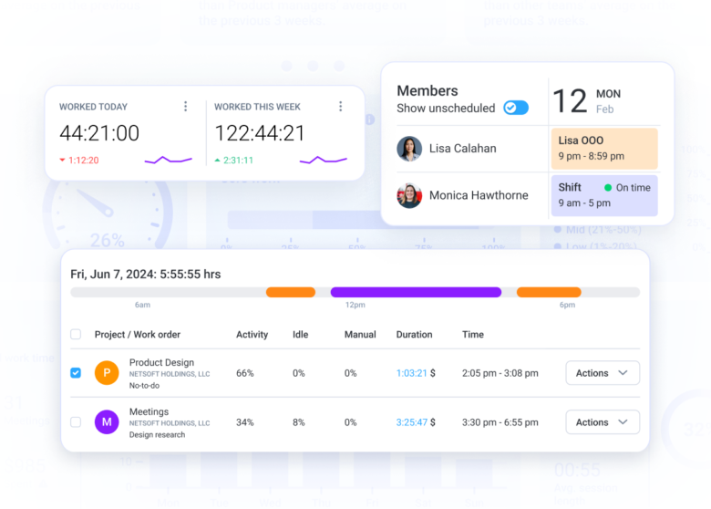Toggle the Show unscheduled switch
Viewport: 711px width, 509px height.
pyautogui.click(x=516, y=108)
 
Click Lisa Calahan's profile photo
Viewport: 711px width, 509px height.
pyautogui.click(x=409, y=149)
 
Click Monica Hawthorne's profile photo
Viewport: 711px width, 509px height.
pyautogui.click(x=409, y=195)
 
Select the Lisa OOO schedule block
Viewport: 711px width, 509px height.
pyautogui.click(x=604, y=149)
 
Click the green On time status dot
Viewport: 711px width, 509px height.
pyautogui.click(x=608, y=188)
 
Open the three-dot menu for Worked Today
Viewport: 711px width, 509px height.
pyautogui.click(x=186, y=107)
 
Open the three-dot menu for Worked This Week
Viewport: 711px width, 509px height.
pyautogui.click(x=341, y=107)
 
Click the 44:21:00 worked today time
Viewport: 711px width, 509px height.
pyautogui.click(x=99, y=133)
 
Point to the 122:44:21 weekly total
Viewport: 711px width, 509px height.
pyautogui.click(x=260, y=133)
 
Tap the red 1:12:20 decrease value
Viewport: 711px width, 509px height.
pyautogui.click(x=83, y=161)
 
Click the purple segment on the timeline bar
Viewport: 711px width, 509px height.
pyautogui.click(x=416, y=293)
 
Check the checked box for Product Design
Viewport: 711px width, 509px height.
pyautogui.click(x=76, y=373)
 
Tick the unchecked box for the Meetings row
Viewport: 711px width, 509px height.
pyautogui.click(x=76, y=422)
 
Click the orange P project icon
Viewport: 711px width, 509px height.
pyautogui.click(x=107, y=373)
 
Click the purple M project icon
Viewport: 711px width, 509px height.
pyautogui.click(x=107, y=422)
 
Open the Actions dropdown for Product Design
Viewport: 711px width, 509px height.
pyautogui.click(x=603, y=373)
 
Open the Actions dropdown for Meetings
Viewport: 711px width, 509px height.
pyautogui.click(x=603, y=422)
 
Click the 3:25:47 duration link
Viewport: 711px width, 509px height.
pyautogui.click(x=412, y=422)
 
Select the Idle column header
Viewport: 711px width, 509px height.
pyautogui.click(x=300, y=335)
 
